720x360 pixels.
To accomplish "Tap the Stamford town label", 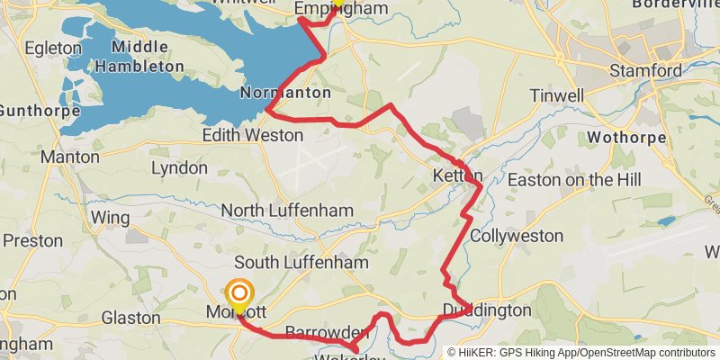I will tap(645, 70).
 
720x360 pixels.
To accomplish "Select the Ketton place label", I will tap(458, 175).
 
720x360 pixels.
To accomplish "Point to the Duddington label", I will tap(487, 310).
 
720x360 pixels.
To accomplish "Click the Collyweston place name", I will tap(517, 236).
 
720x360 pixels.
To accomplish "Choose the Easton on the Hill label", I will tap(574, 180).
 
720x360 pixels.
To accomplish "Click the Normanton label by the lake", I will tap(286, 93).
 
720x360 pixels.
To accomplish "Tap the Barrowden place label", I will tap(315, 332).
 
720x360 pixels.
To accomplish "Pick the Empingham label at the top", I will tap(341, 9).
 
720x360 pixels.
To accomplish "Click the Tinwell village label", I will tap(557, 95).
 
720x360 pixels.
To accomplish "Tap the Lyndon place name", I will tap(179, 168).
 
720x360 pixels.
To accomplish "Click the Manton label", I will tap(70, 157).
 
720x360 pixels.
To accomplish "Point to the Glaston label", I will tap(131, 318).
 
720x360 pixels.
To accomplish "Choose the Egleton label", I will tap(53, 46).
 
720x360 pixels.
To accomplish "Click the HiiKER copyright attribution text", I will tap(581, 353).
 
